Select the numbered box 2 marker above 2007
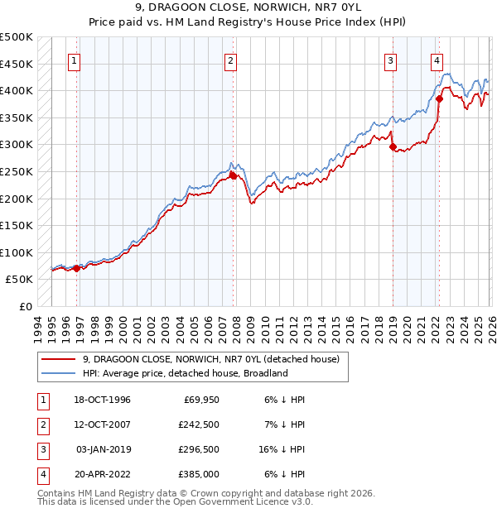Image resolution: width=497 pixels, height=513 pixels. click(x=230, y=60)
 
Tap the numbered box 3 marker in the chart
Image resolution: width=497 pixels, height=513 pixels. click(x=390, y=60)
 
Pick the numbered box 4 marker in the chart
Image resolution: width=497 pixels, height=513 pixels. click(x=437, y=60)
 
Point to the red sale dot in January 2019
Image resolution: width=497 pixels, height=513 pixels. click(x=393, y=147)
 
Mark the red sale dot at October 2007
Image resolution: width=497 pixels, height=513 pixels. click(x=233, y=175)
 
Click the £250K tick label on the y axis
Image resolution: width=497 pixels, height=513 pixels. click(x=17, y=171)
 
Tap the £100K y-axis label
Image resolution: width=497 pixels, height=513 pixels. click(x=17, y=252)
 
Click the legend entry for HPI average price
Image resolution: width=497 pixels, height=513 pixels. click(x=184, y=373)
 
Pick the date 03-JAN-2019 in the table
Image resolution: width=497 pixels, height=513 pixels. click(x=103, y=449)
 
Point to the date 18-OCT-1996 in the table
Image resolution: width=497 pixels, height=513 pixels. click(x=103, y=400)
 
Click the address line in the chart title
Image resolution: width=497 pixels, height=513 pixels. click(x=248, y=9)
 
